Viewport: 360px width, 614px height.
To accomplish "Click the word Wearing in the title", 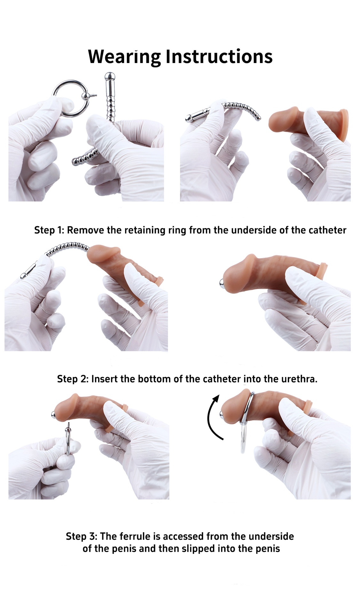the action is [x=125, y=57].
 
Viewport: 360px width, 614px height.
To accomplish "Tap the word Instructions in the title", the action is [x=219, y=57].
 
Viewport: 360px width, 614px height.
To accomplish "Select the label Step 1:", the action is [x=49, y=230].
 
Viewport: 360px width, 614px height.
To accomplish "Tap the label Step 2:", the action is [x=73, y=379].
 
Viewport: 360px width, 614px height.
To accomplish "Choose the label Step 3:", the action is [x=82, y=536].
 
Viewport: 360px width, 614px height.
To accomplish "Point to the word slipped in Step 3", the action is [x=198, y=549].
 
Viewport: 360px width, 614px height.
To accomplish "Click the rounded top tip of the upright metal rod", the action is [x=108, y=75].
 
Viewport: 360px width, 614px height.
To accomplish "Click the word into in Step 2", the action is [x=252, y=379].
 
